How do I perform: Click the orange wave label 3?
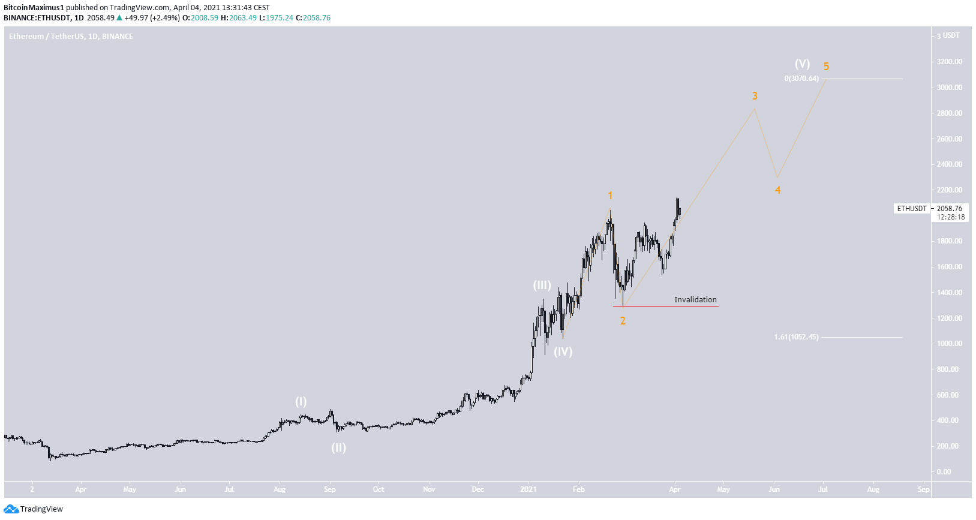click(x=755, y=96)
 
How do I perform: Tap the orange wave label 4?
click(x=777, y=190)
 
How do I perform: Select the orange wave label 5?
click(x=826, y=67)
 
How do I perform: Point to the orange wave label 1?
click(x=610, y=196)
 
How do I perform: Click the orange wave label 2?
click(x=623, y=321)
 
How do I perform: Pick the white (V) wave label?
click(x=802, y=64)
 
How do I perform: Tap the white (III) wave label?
click(x=542, y=285)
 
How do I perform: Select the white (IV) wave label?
click(x=563, y=351)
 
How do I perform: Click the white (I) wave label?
click(x=301, y=402)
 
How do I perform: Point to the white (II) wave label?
click(x=339, y=447)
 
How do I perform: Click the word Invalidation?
click(x=695, y=299)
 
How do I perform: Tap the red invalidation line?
click(x=666, y=306)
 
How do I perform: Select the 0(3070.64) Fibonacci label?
click(x=801, y=79)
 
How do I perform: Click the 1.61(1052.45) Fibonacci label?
click(x=796, y=337)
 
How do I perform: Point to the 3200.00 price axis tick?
click(x=950, y=62)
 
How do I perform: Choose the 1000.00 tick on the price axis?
click(x=950, y=344)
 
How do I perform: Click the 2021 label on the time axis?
click(x=528, y=489)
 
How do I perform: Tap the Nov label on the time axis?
click(x=429, y=489)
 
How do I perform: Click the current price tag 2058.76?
click(x=950, y=209)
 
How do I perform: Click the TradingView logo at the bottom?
click(x=34, y=509)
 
